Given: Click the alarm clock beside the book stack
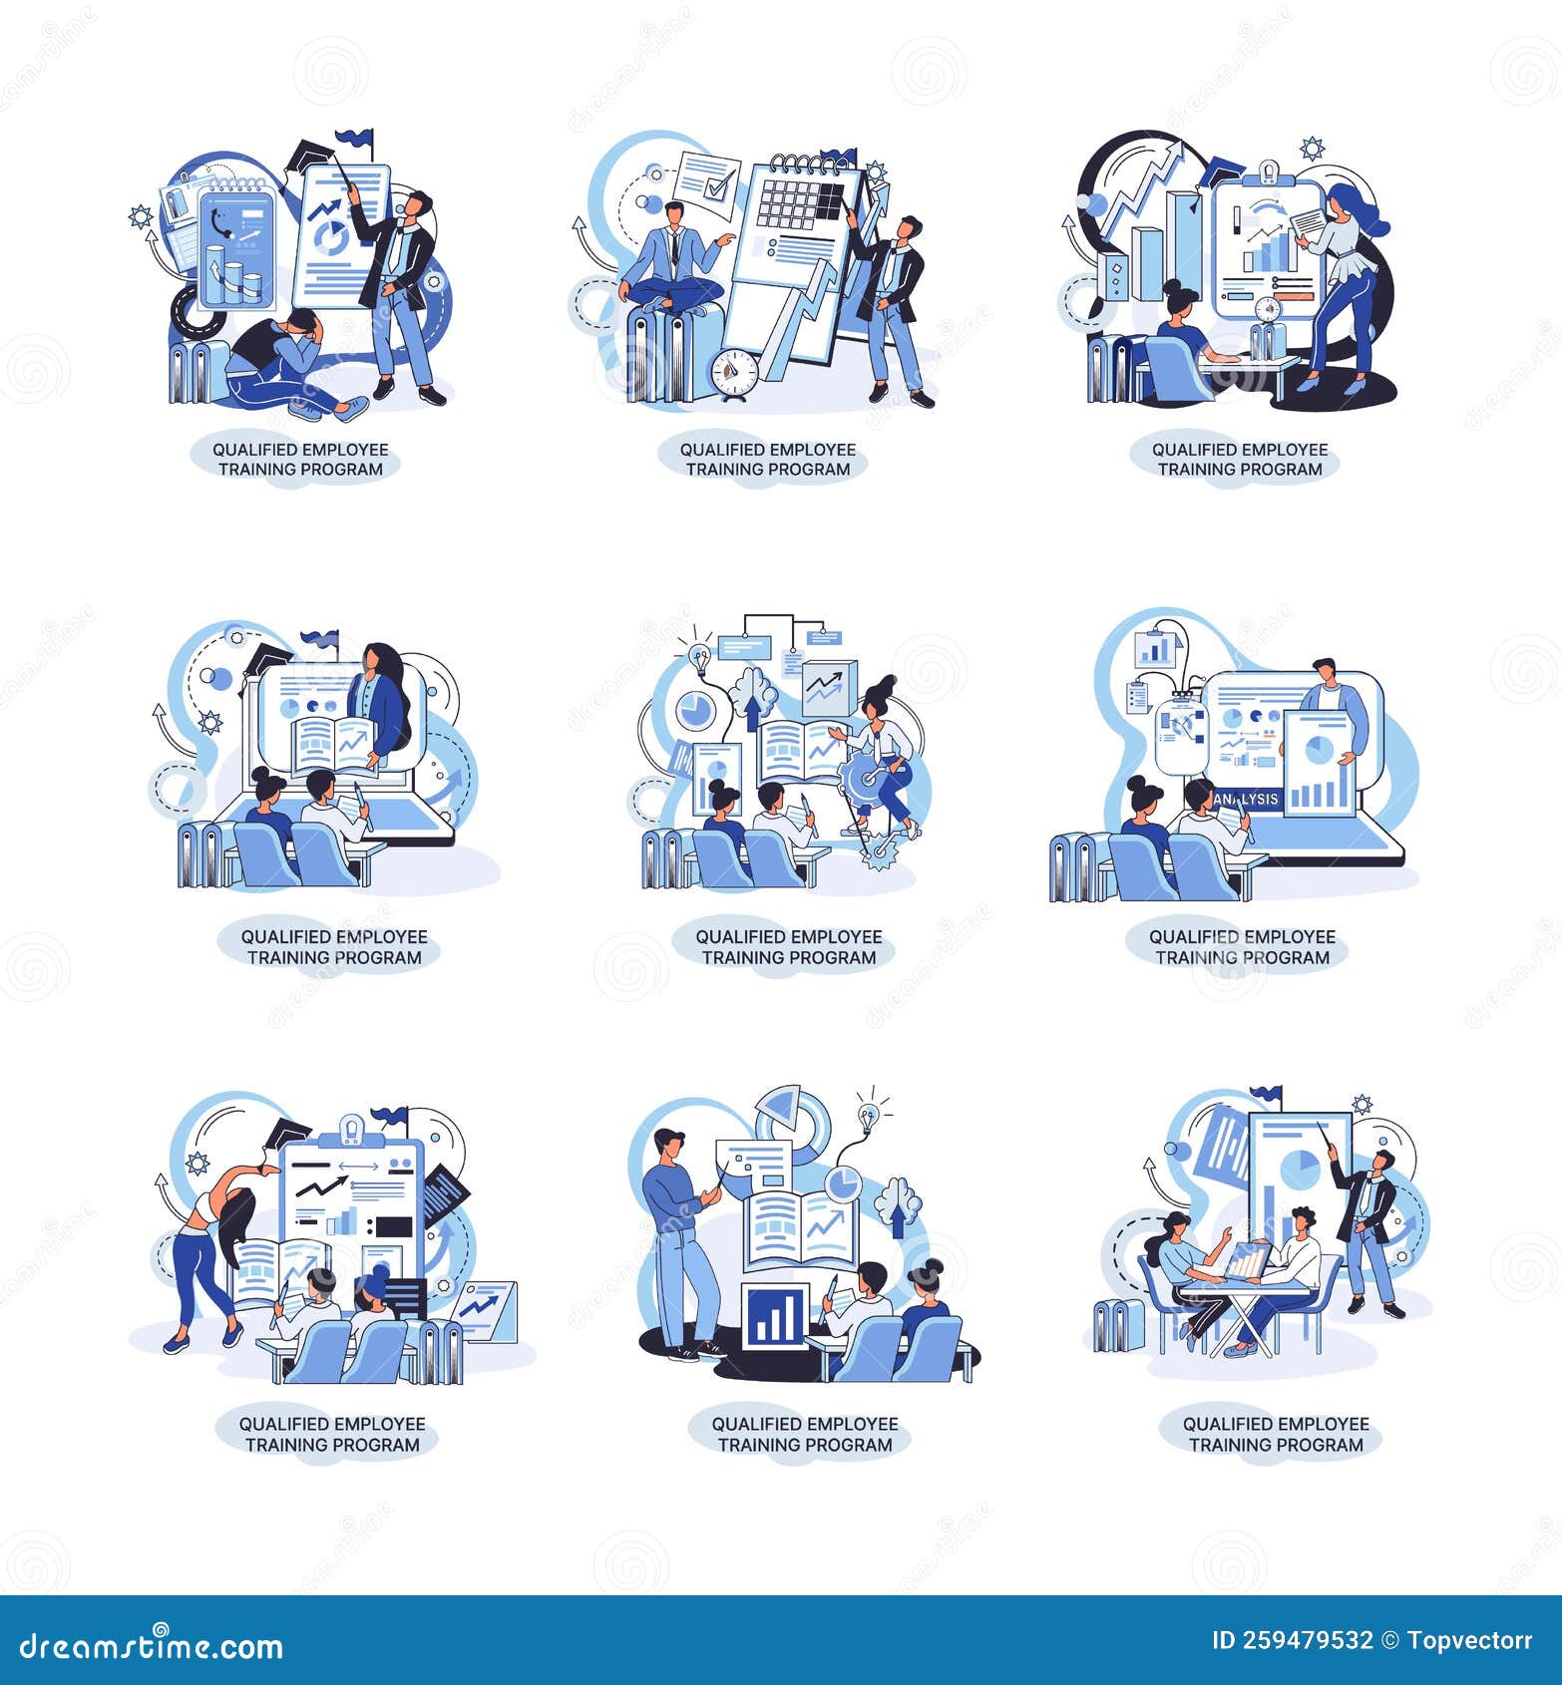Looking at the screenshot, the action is tap(734, 374).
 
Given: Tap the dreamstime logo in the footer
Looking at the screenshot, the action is tap(151, 1646).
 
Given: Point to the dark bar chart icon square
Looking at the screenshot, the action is tap(775, 1316).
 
